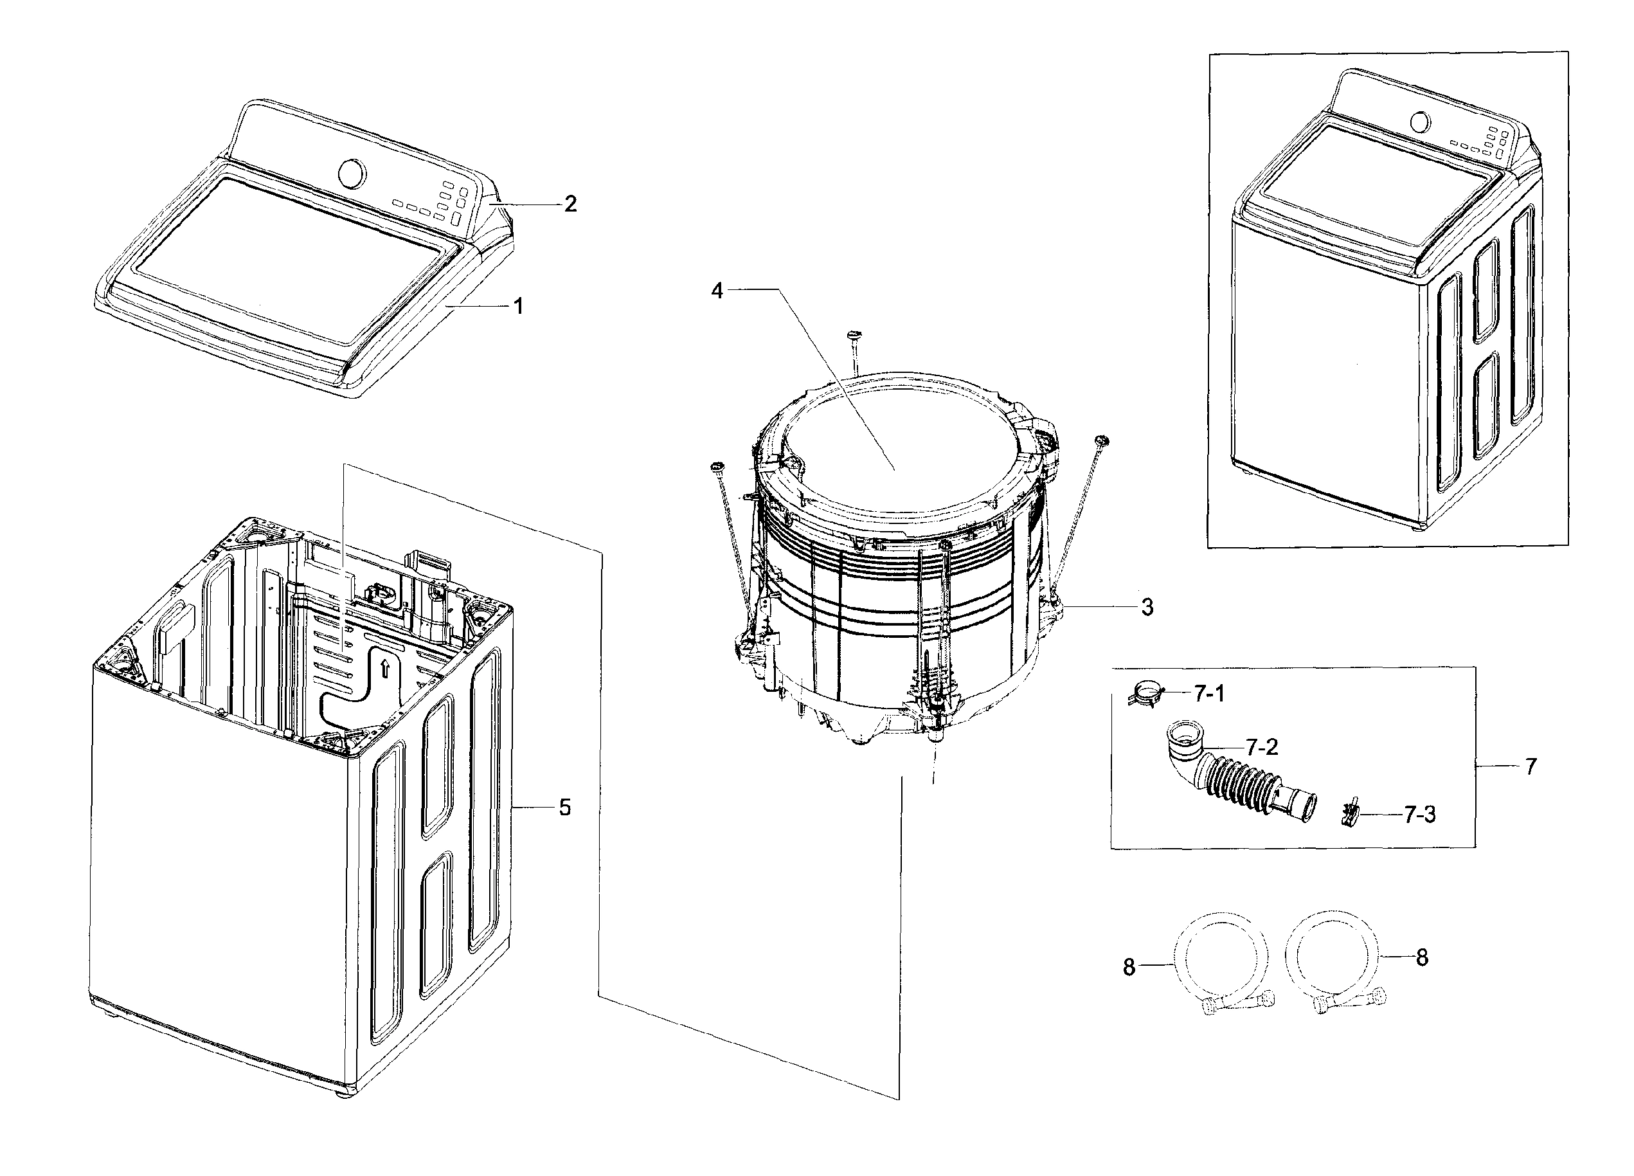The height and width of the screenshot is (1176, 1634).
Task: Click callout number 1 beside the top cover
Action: point(517,306)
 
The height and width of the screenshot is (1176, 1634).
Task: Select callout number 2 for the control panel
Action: point(570,204)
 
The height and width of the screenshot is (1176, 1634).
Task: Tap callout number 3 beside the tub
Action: point(1147,608)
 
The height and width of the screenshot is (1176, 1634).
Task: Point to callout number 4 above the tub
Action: point(717,291)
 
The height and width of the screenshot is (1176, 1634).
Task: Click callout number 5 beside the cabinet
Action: point(565,808)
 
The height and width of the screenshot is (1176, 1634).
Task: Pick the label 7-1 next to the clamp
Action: point(1209,694)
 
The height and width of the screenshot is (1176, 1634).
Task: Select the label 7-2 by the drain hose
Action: point(1262,747)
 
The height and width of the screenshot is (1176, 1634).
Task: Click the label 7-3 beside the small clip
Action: point(1419,815)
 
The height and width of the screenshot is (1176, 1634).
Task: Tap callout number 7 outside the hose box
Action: point(1531,766)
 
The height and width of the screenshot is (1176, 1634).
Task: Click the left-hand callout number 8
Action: point(1129,967)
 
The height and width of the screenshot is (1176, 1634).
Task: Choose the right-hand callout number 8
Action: point(1421,957)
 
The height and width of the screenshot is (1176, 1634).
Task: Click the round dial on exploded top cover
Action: point(352,174)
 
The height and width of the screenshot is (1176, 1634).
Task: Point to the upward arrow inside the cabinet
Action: point(385,668)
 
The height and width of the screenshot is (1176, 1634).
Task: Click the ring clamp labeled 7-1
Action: point(1144,694)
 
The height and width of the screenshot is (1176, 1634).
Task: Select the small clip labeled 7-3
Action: point(1350,814)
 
